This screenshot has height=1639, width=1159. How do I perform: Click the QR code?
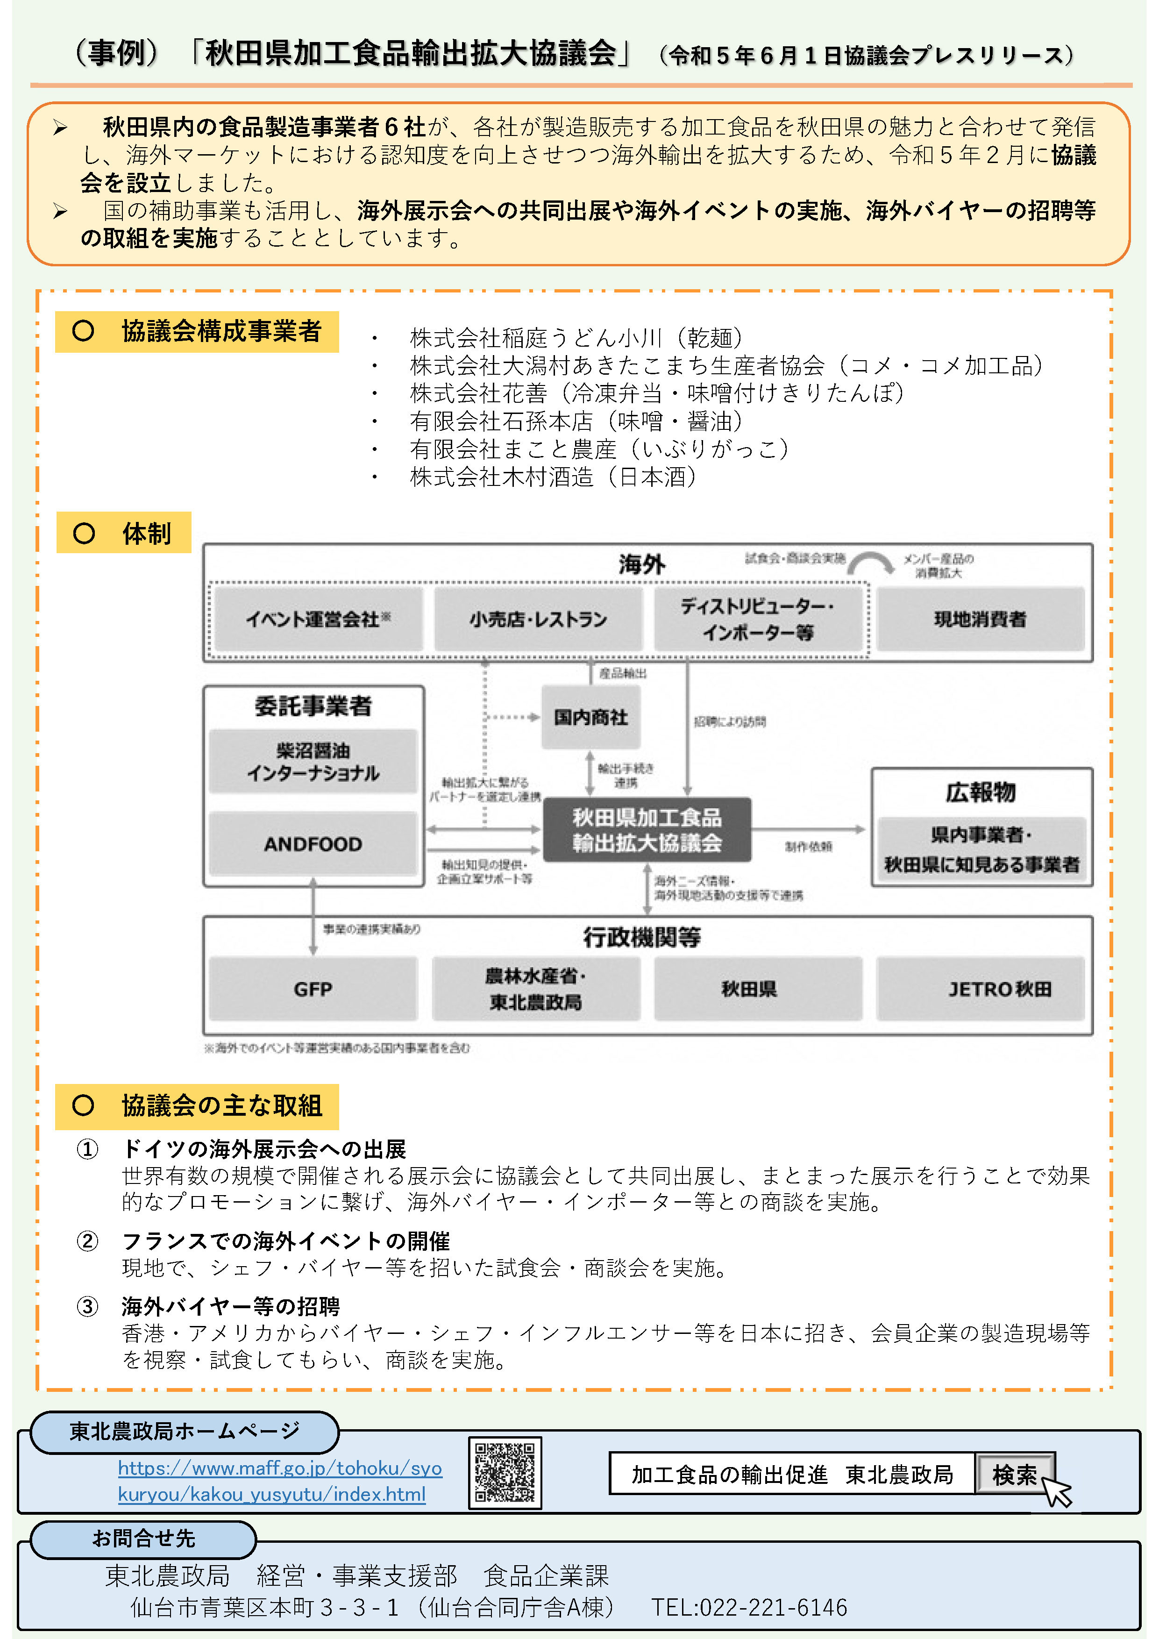coord(505,1472)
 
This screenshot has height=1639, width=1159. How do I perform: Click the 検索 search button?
coord(1014,1474)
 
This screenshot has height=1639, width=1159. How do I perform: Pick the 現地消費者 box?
coord(980,619)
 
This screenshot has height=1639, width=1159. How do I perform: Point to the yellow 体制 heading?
coord(123,533)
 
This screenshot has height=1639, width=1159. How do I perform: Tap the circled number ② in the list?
coord(87,1241)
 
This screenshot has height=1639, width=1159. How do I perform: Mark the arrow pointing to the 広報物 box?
coord(809,829)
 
